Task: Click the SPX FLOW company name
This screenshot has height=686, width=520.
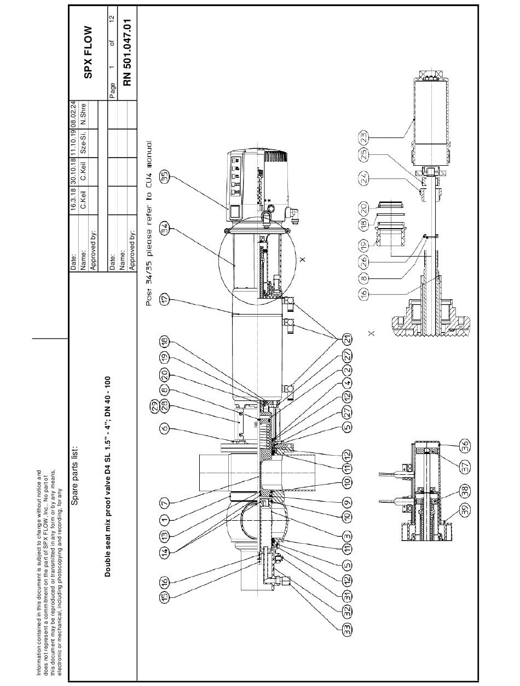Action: pos(89,52)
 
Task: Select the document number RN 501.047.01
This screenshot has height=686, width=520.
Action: pos(128,52)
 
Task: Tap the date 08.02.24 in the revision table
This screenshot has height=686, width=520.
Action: pos(73,115)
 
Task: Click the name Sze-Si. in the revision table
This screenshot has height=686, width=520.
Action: pos(83,143)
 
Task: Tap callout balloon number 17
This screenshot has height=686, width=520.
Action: pos(164,299)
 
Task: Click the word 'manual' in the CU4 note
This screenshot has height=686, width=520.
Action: pos(149,153)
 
